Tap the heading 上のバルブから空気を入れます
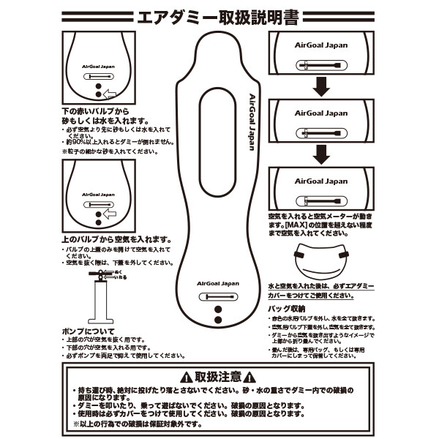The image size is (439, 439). (x=118, y=239)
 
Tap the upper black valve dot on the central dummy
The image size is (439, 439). (x=217, y=309)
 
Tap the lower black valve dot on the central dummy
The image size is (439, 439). (x=217, y=321)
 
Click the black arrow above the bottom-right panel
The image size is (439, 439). (x=320, y=153)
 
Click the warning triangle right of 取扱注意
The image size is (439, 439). (x=251, y=378)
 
